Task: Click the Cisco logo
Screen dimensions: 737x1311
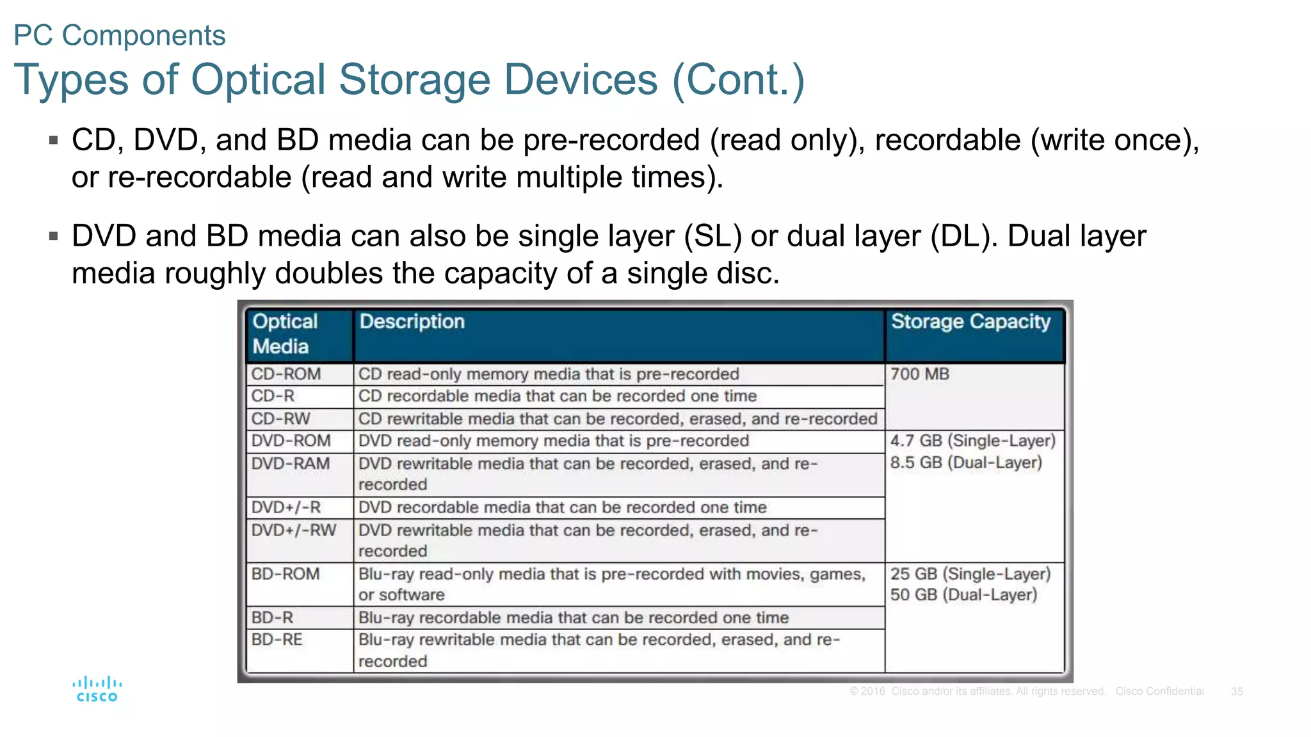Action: click(x=97, y=689)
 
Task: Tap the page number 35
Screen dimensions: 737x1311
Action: click(x=1236, y=692)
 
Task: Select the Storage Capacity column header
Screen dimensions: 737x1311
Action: click(x=970, y=322)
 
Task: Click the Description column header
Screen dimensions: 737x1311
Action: click(x=412, y=322)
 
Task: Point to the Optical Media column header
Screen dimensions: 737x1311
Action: click(x=284, y=334)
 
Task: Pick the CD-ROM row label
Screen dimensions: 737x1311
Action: click(x=286, y=374)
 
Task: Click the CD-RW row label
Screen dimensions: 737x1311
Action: click(x=280, y=419)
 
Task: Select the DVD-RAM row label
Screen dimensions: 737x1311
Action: click(x=290, y=464)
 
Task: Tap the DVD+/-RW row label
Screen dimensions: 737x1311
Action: click(x=293, y=530)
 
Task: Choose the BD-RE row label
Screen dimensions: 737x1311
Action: click(x=277, y=640)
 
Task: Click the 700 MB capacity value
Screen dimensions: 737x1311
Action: click(x=919, y=374)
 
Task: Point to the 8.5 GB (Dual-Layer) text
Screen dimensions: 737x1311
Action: click(x=966, y=463)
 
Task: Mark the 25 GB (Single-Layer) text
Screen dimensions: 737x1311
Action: click(x=970, y=574)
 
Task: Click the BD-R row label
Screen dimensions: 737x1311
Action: click(x=272, y=617)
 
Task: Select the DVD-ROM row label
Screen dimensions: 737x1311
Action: click(x=291, y=441)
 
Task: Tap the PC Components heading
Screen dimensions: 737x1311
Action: click(x=120, y=35)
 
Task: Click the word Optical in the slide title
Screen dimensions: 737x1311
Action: click(x=259, y=80)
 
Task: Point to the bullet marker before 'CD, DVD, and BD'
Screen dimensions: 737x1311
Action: click(x=54, y=140)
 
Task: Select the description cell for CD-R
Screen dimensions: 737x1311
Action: click(x=557, y=396)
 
